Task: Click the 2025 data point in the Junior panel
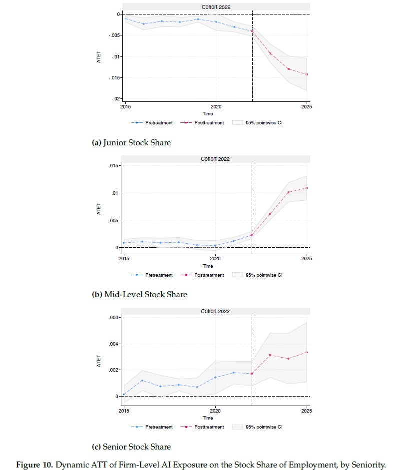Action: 306,74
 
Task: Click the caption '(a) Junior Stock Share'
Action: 131,143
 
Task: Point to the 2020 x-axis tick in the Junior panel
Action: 216,106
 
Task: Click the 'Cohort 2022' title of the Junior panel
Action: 216,7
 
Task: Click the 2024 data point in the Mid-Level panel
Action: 288,192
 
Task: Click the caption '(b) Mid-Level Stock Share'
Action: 139,294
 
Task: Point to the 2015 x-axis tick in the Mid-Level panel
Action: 123,258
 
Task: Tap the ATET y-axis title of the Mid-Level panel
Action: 98,208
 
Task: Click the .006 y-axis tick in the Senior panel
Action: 114,318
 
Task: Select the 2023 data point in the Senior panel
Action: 270,355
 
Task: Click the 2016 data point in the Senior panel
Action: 142,381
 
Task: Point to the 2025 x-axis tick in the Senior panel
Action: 307,411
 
